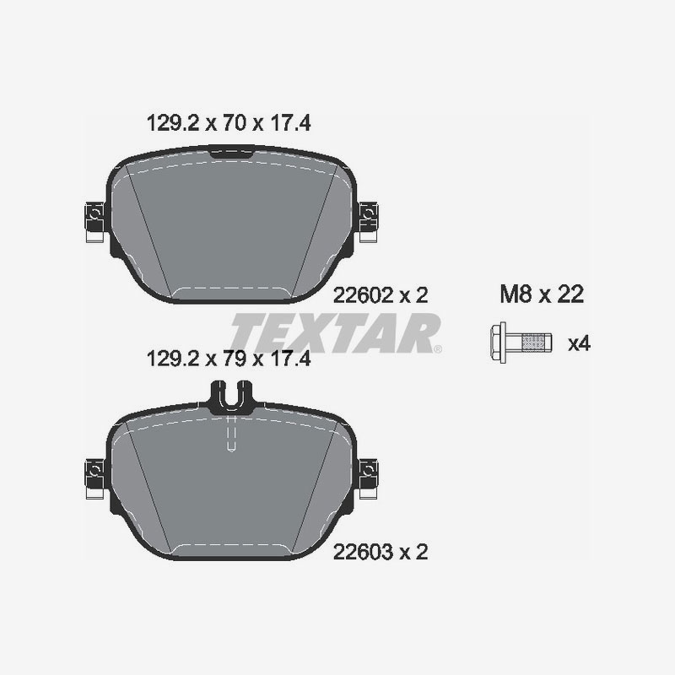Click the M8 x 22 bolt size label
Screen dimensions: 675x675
542,294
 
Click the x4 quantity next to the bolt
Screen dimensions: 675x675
578,343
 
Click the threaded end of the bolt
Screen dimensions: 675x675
532,342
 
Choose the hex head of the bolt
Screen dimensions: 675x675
499,342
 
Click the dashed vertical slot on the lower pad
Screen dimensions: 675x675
230,435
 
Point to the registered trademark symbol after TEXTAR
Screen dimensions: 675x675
437,348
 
